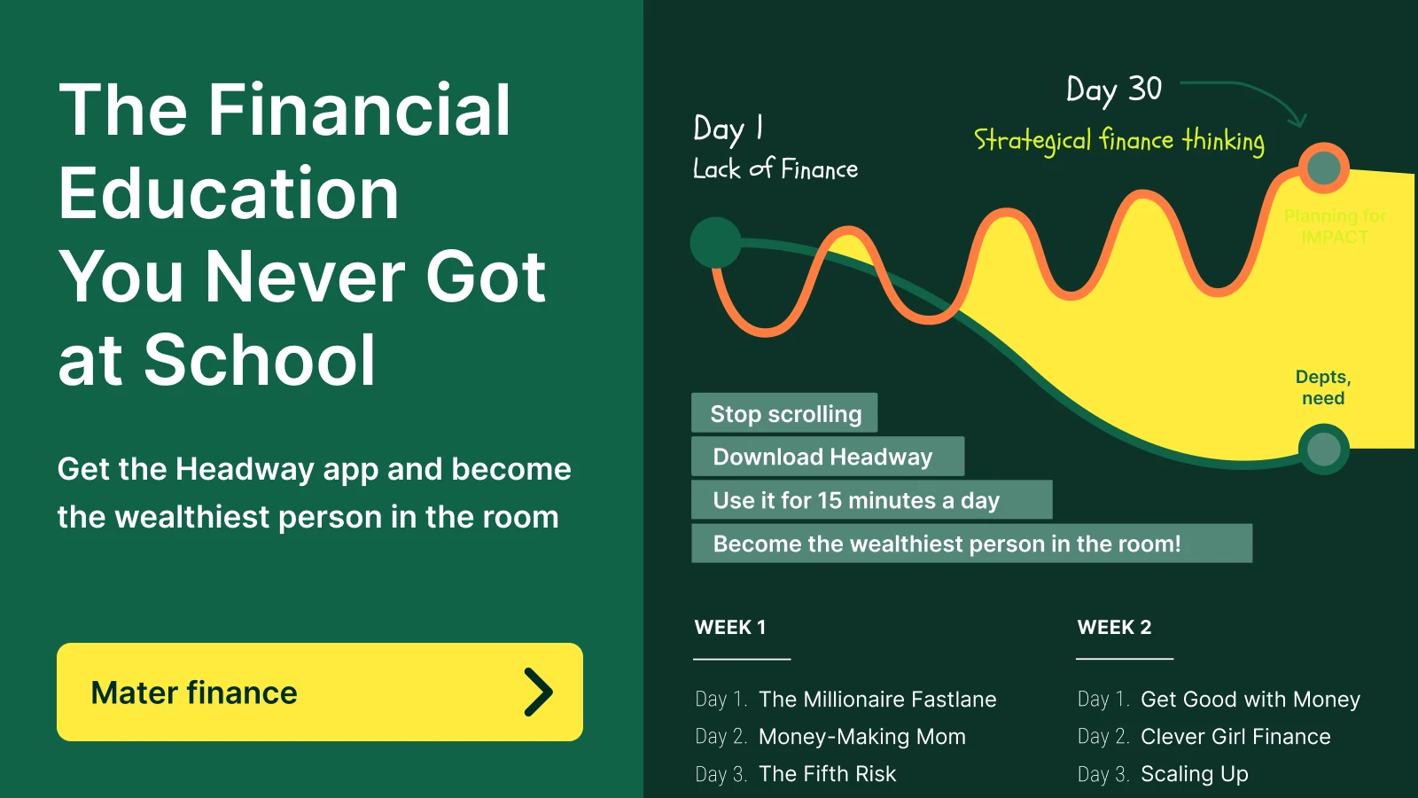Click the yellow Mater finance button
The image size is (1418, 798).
[319, 692]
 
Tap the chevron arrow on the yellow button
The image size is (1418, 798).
[538, 692]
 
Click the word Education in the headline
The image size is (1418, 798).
[229, 193]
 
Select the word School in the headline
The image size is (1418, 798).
[260, 360]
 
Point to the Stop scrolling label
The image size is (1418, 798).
[784, 413]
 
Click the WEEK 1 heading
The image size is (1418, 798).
[730, 628]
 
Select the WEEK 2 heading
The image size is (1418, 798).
[1114, 628]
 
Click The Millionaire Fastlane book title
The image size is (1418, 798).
[877, 700]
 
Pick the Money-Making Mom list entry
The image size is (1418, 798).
[861, 737]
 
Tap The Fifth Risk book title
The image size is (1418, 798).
[827, 774]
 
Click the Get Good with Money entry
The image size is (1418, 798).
[1250, 700]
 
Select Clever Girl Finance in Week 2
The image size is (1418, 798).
[1235, 737]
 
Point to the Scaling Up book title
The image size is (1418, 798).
[1194, 774]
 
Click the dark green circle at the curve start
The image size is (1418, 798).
[716, 242]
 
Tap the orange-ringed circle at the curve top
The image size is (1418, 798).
[1324, 168]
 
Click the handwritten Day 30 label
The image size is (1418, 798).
[1113, 90]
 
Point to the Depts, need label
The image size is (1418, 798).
[1323, 387]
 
